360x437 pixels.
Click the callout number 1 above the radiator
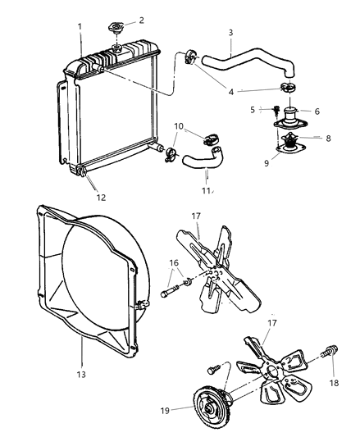pyautogui.click(x=80, y=27)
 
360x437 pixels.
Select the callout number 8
pyautogui.click(x=327, y=139)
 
